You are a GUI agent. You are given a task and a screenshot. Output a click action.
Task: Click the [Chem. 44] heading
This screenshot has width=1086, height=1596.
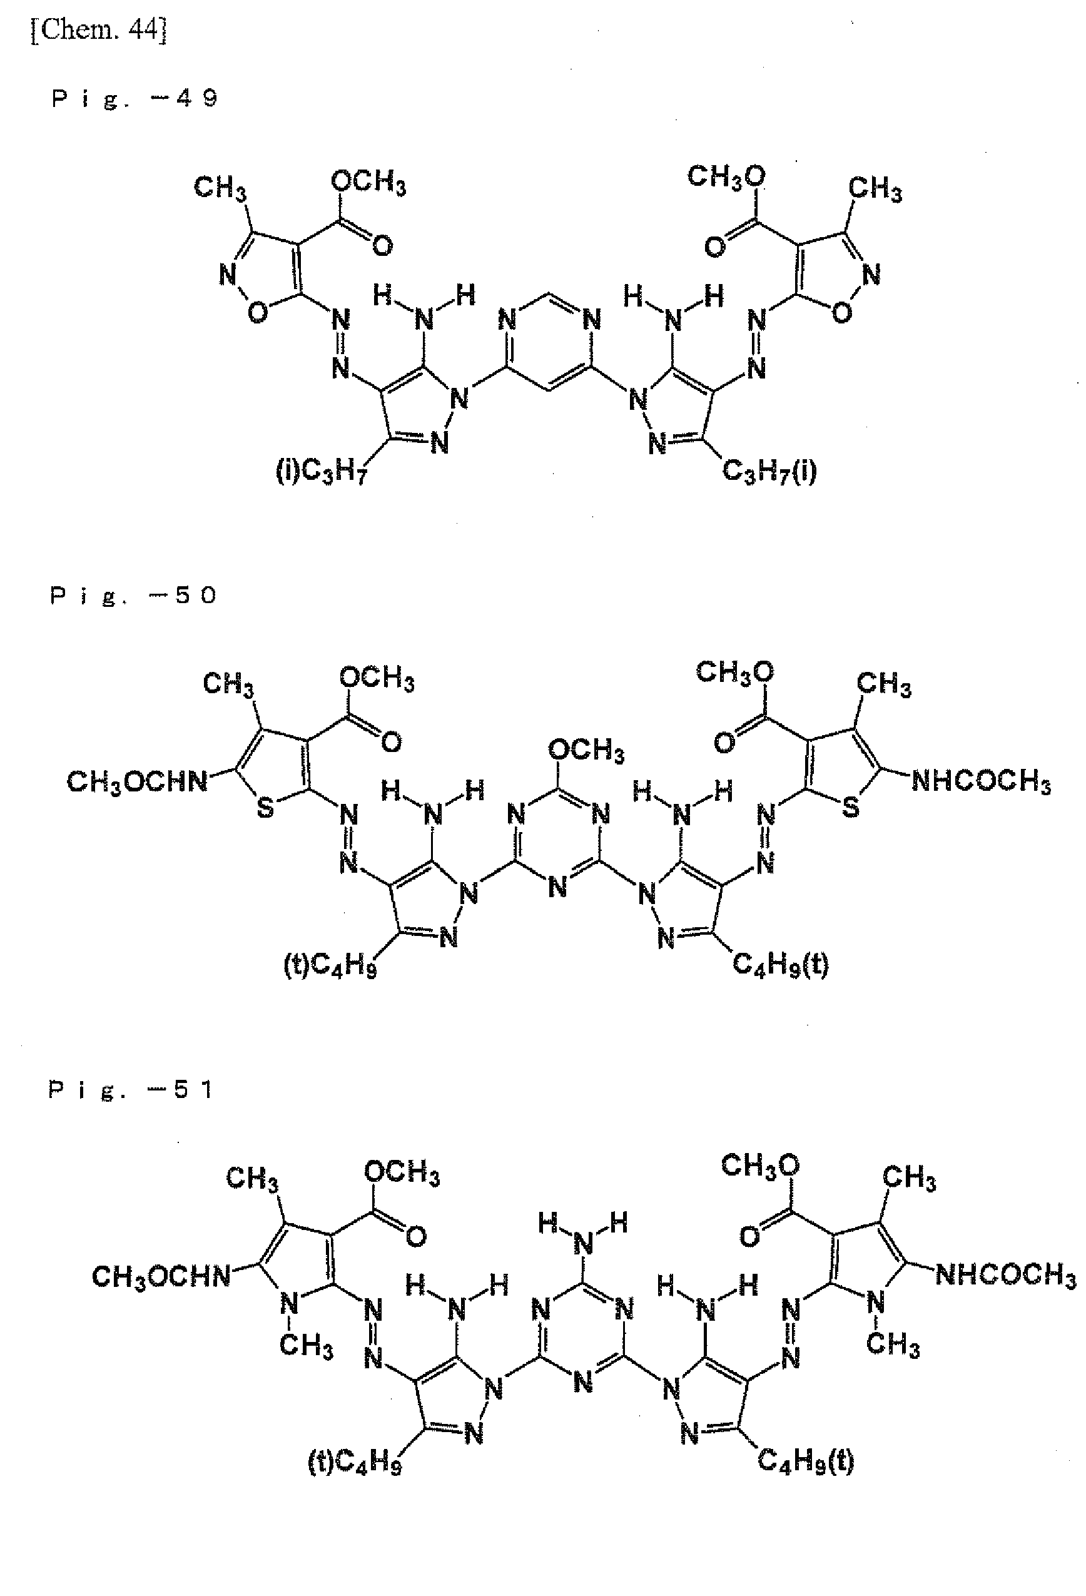[x=98, y=30]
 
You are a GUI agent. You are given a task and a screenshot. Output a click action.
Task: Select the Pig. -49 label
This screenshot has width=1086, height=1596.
[x=134, y=99]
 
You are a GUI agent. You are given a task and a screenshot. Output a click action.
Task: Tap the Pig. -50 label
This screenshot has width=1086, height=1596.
[x=133, y=596]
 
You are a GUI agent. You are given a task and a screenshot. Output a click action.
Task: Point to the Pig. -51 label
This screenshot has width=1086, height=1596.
[x=130, y=1090]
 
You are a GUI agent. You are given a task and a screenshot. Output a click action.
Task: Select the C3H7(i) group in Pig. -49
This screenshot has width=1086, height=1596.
[x=769, y=471]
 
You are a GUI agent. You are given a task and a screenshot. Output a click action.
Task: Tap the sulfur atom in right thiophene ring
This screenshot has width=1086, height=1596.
[x=850, y=806]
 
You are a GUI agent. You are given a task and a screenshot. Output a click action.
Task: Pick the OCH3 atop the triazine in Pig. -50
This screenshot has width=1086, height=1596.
[x=586, y=750]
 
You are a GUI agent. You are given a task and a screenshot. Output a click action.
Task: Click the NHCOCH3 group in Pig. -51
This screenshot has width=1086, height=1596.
[x=1006, y=1275]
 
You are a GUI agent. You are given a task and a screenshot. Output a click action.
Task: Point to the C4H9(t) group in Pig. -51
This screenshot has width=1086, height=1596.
[x=806, y=1461]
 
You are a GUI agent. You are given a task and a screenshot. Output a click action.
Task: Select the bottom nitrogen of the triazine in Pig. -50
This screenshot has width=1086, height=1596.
[x=558, y=886]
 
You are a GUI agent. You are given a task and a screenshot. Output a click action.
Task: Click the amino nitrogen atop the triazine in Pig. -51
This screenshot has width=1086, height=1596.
[x=583, y=1244]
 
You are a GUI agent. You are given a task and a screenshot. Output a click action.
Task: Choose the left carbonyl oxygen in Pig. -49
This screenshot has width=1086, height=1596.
[x=382, y=245]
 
